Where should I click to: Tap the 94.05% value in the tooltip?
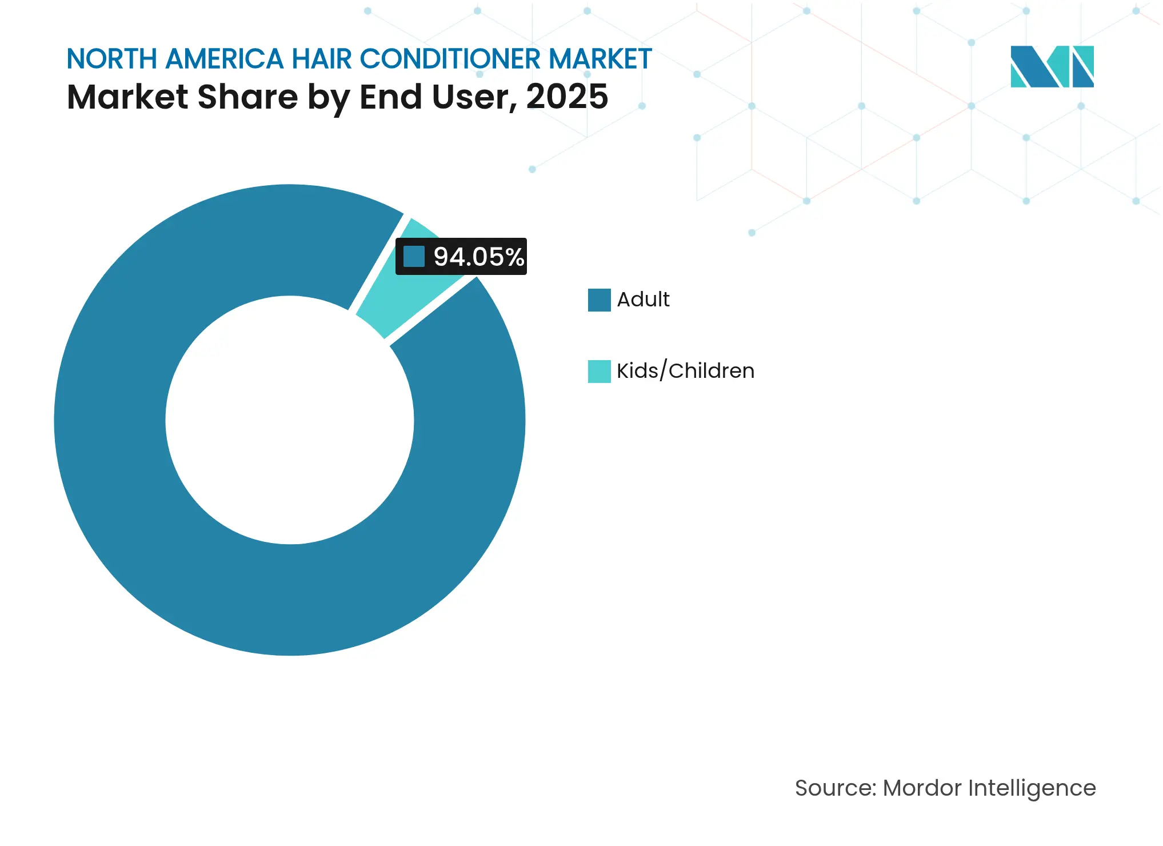pyautogui.click(x=478, y=257)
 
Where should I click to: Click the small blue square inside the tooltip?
pyautogui.click(x=414, y=257)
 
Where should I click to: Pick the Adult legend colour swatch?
pyautogui.click(x=599, y=300)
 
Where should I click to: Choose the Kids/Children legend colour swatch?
pyautogui.click(x=599, y=372)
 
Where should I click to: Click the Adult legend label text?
pyautogui.click(x=643, y=300)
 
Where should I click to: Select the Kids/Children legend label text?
pyautogui.click(x=685, y=371)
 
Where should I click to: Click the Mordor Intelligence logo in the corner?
pyautogui.click(x=1052, y=66)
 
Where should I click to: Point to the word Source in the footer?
pyautogui.click(x=835, y=788)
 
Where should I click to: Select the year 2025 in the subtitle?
pyautogui.click(x=567, y=97)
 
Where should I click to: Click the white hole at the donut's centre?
pyautogui.click(x=290, y=420)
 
